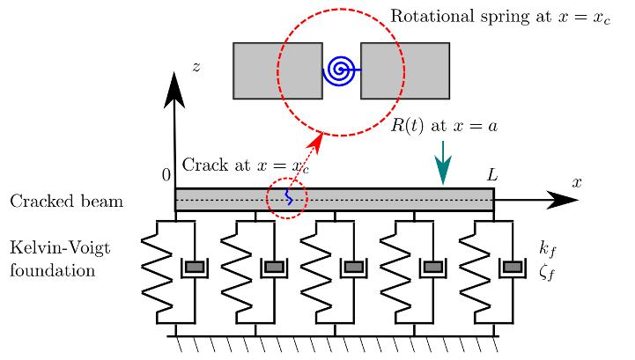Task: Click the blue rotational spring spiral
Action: click(x=340, y=70)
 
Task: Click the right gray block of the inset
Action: click(x=405, y=70)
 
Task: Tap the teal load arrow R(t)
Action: click(x=443, y=164)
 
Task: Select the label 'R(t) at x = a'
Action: click(x=444, y=126)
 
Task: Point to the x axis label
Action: click(x=577, y=182)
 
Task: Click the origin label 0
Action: click(x=166, y=175)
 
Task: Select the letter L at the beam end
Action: click(x=492, y=176)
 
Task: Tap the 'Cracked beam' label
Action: click(x=66, y=202)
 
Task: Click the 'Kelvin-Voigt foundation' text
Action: click(x=60, y=260)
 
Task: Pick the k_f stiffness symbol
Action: click(x=547, y=250)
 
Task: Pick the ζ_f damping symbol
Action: click(x=547, y=273)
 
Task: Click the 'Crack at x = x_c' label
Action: click(x=245, y=165)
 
